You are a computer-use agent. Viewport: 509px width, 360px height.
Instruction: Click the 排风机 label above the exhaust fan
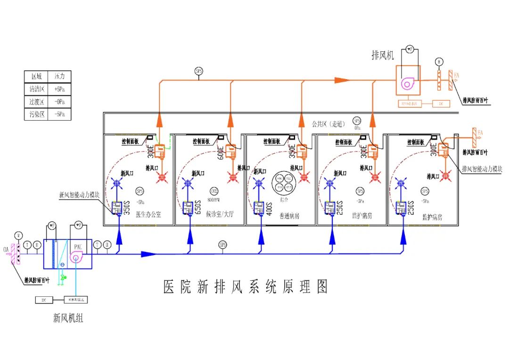[x=383, y=56]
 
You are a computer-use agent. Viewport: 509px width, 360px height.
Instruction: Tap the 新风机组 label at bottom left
[x=68, y=319]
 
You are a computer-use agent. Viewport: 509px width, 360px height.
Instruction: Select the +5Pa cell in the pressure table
[x=59, y=89]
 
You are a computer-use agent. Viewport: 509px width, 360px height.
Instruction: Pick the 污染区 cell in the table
[x=37, y=114]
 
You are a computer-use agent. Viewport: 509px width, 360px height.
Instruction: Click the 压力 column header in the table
[x=59, y=76]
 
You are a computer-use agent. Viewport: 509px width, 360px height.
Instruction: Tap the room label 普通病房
[x=289, y=216]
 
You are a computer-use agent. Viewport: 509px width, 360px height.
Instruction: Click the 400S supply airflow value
[x=269, y=208]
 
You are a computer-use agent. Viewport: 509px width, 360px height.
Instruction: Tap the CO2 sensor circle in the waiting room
[x=214, y=191]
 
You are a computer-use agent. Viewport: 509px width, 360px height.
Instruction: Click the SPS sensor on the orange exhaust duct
[x=198, y=71]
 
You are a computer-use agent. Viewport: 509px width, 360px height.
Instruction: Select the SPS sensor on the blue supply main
[x=222, y=245]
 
